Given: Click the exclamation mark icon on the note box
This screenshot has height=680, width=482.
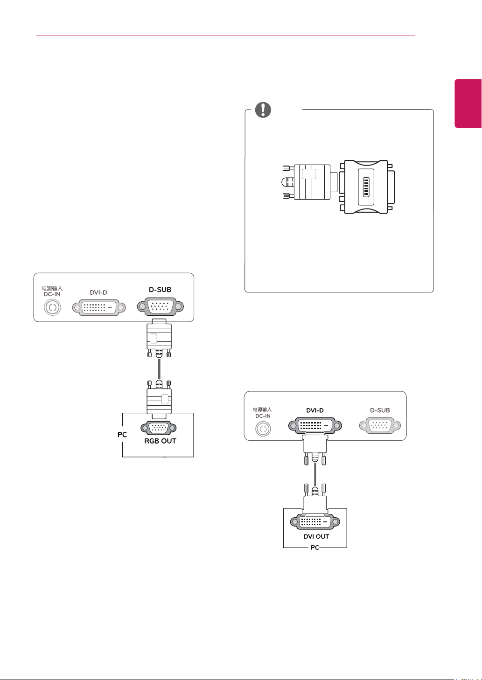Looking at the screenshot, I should point(263,110).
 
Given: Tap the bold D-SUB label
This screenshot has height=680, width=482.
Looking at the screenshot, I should point(160,290).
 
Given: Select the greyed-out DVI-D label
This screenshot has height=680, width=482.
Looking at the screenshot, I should point(98,292).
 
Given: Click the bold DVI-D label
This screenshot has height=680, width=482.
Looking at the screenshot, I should point(315,410).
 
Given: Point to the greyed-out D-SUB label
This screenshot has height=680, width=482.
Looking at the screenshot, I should point(380,410).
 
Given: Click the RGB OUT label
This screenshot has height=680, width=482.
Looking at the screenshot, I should point(160,441).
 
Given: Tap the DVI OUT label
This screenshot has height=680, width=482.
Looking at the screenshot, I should point(316,536).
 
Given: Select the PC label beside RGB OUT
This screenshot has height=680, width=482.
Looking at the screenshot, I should point(122,435).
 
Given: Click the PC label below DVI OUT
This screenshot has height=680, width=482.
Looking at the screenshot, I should point(315,548).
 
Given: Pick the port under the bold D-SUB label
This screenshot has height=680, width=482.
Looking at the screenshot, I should point(161,307).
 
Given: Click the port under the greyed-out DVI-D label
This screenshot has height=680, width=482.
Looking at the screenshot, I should point(99,308).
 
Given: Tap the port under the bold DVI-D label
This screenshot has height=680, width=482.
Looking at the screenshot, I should point(315,426).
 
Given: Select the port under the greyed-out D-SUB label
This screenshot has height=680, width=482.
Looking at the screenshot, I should point(380,425).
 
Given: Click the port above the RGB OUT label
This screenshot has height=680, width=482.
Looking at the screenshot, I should point(158,428).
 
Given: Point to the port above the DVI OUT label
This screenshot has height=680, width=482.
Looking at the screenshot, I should point(315,521).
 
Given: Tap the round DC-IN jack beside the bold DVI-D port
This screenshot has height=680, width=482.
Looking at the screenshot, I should point(263,429).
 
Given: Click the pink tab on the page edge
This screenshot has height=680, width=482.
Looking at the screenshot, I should point(468,103).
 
